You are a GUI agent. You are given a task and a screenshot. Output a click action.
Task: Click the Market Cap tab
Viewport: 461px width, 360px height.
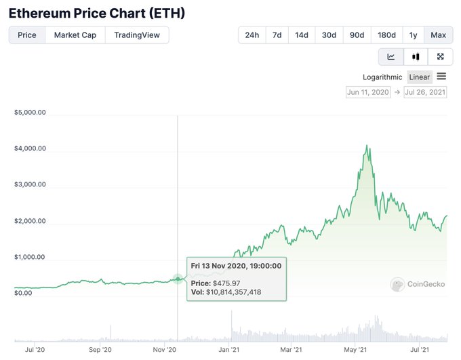pos(75,35)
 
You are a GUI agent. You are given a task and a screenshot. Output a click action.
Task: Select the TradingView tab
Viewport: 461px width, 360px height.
pos(137,35)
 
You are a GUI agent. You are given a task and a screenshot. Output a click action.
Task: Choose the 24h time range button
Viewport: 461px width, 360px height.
pos(252,35)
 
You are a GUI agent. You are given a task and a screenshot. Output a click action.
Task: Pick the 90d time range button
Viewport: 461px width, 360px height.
pos(357,35)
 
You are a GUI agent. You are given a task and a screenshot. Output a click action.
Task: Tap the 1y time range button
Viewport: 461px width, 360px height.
pos(413,35)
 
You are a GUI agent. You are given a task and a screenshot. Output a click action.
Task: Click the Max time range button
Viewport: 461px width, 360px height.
pos(438,35)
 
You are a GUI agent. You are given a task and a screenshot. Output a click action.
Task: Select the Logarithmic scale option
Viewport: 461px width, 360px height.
pos(382,77)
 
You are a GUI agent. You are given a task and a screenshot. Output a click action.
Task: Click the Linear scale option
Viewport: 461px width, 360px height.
pos(420,77)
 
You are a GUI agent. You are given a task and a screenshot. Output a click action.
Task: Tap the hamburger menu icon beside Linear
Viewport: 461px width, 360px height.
pos(441,77)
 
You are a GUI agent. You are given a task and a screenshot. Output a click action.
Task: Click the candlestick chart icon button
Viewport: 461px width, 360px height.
pos(416,57)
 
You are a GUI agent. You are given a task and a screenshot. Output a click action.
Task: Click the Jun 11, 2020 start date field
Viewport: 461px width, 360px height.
pos(368,92)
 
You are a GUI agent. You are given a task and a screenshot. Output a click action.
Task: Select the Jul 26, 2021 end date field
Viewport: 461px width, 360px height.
pos(425,92)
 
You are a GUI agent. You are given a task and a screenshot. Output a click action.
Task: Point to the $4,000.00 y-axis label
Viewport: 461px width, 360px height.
pos(30,148)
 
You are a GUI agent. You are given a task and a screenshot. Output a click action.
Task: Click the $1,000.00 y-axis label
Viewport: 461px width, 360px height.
pos(30,257)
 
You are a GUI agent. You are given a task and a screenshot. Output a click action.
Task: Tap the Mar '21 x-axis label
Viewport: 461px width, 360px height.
pos(290,350)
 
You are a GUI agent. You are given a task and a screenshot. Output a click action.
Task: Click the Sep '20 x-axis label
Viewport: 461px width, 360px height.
pos(100,350)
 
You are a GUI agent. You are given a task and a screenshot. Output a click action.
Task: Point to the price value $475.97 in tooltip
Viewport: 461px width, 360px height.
pos(224,283)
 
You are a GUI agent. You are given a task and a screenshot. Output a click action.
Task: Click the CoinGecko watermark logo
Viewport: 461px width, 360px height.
pos(418,284)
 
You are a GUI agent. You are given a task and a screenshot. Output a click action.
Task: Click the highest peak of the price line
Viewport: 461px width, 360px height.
pos(367,145)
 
